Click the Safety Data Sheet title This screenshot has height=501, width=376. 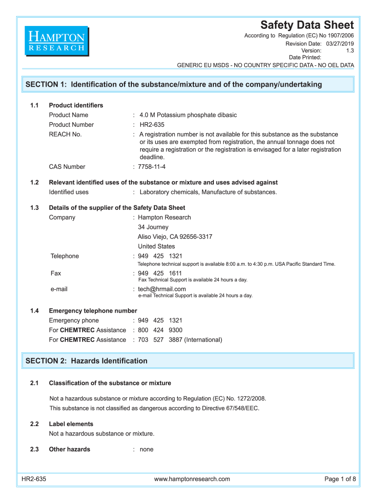coord(307,25)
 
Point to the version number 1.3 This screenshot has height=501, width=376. coord(350,50)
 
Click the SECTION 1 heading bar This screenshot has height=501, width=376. coord(188,84)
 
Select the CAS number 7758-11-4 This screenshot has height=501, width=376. coord(152,167)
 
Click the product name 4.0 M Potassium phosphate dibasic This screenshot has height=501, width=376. coord(188,115)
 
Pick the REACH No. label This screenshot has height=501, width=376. coord(65,134)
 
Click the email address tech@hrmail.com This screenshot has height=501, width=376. coord(162,289)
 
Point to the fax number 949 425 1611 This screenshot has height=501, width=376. coord(160,273)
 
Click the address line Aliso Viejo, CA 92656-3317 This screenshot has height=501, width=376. coord(175,237)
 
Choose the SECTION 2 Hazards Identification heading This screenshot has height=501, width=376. coord(86,361)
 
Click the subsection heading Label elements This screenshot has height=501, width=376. coord(71,424)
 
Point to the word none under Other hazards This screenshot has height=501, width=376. coord(146,449)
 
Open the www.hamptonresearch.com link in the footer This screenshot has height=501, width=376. coord(192,479)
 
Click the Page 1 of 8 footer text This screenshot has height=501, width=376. coord(340,479)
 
